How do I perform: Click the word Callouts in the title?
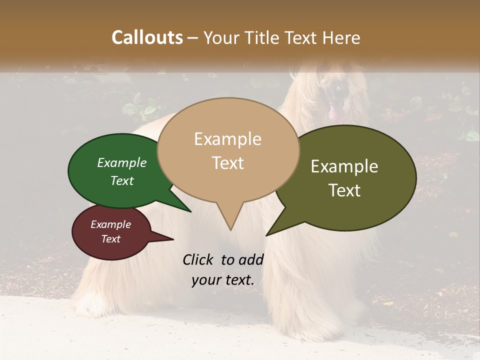147,37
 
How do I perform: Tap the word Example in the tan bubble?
227,139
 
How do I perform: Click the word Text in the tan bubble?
227,163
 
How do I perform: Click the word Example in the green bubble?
122,162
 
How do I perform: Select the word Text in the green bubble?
122,180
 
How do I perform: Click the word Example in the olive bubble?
344,166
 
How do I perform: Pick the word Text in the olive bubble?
344,190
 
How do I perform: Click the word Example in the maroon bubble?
110,224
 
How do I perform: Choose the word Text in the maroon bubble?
110,239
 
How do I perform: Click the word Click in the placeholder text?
199,259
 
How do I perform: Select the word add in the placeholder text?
251,259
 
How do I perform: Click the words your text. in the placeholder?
223,280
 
